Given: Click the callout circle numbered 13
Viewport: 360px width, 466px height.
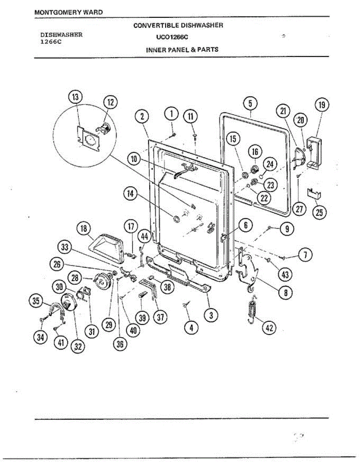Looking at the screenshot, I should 75,97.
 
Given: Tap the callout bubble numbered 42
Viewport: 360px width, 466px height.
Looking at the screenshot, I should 269,328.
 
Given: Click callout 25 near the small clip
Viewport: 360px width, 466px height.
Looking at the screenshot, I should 320,212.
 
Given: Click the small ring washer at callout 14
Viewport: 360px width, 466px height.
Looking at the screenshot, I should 176,220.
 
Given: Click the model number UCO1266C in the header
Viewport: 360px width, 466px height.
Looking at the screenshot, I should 172,38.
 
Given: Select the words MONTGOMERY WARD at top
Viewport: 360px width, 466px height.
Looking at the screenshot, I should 69,12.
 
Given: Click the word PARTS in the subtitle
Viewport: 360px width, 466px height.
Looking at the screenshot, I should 210,49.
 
